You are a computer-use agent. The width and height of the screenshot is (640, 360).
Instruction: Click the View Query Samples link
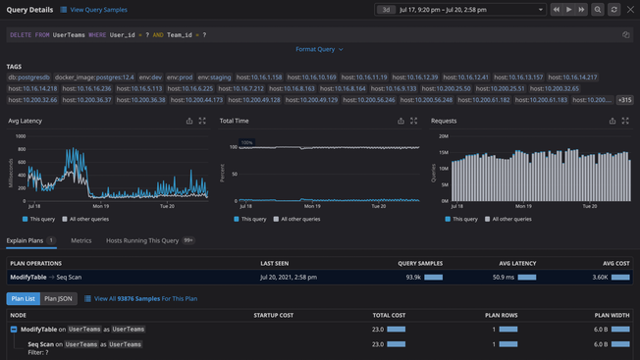tap(98, 10)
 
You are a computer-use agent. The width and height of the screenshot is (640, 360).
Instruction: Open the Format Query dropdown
tap(319, 49)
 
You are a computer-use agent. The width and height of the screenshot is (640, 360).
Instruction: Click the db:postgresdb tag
tap(27, 77)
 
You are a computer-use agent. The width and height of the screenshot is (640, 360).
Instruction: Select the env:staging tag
tap(215, 77)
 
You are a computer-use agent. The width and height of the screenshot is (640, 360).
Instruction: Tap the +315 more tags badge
tap(624, 100)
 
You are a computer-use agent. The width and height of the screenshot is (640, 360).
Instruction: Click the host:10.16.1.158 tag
tap(259, 77)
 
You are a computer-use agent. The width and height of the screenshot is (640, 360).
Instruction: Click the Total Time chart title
tap(235, 121)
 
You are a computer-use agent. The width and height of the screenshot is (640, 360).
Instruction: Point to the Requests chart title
tap(444, 121)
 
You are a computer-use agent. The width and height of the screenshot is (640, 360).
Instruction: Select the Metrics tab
tap(80, 240)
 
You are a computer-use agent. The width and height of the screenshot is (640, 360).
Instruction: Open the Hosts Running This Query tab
tap(143, 240)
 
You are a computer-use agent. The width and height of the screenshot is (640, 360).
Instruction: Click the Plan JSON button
tap(59, 298)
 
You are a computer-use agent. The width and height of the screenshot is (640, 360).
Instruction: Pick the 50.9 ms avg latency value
tap(504, 278)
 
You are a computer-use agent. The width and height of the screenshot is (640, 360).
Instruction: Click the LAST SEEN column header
tap(274, 263)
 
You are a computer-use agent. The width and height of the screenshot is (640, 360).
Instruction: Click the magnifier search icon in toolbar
tap(598, 10)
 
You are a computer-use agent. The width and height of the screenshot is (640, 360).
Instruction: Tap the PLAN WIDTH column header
tap(613, 315)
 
